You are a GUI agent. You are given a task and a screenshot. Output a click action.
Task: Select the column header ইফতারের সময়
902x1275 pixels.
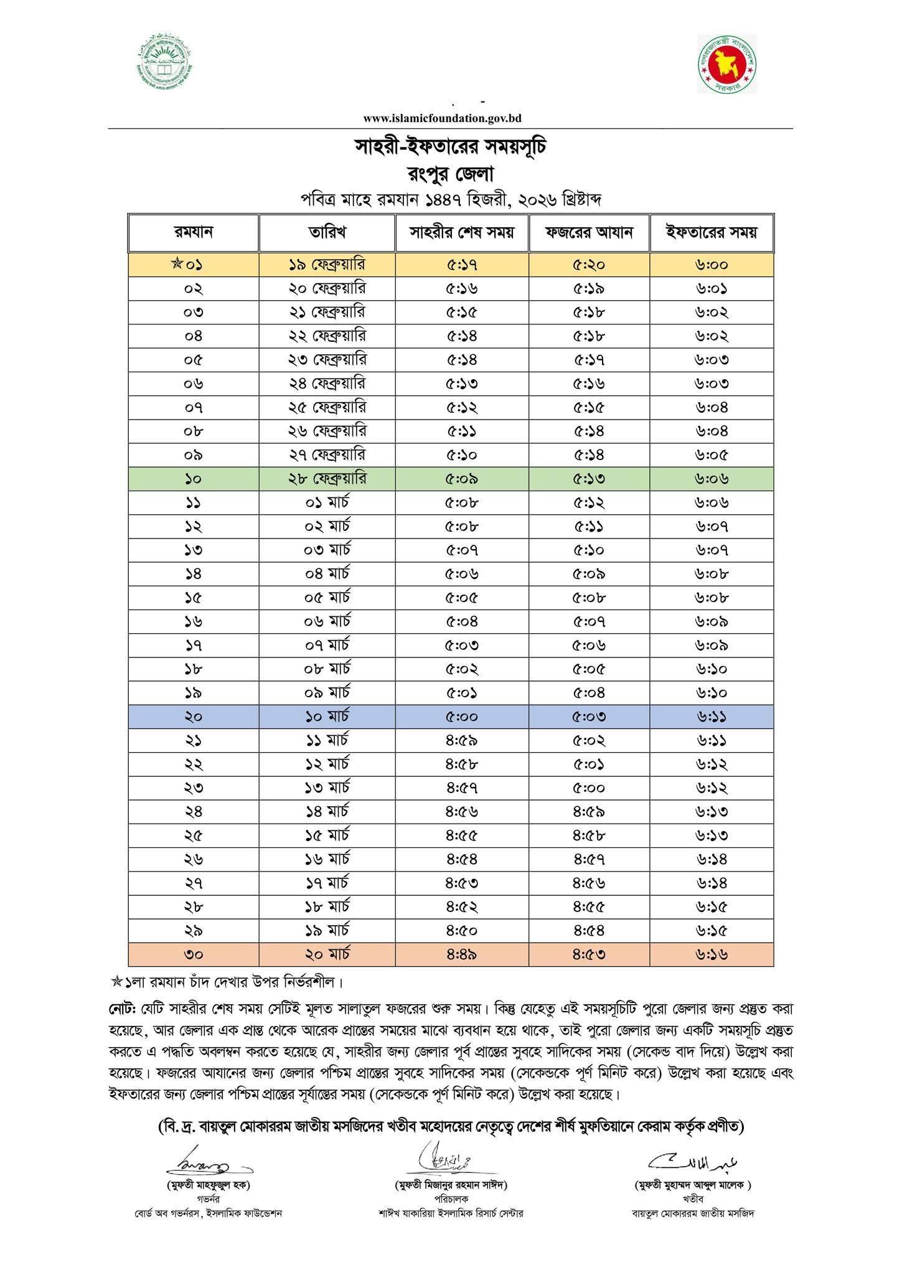tap(712, 233)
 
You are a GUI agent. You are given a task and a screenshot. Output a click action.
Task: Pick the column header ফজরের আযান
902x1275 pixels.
tap(589, 233)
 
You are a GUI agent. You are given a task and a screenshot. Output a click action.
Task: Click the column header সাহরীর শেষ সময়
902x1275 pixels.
tap(462, 233)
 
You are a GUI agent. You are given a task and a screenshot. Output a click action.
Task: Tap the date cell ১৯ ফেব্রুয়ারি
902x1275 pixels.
tap(327, 265)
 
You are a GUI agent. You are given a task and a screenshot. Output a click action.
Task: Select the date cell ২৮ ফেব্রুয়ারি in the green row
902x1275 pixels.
tap(327, 479)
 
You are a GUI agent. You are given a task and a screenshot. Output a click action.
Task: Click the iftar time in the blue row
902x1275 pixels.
tap(712, 717)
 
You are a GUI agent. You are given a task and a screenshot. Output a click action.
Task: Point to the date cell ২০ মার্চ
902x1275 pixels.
tap(327, 954)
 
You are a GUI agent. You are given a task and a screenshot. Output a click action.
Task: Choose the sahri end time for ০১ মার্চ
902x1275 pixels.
tap(462, 502)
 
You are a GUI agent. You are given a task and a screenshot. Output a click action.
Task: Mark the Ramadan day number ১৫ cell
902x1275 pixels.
tap(194, 598)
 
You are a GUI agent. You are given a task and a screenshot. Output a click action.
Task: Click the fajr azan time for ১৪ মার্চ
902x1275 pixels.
tap(589, 812)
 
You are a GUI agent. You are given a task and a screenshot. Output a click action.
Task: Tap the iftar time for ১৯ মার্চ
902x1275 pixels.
tap(712, 931)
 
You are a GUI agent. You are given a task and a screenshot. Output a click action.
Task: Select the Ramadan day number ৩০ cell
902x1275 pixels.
tap(194, 954)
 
